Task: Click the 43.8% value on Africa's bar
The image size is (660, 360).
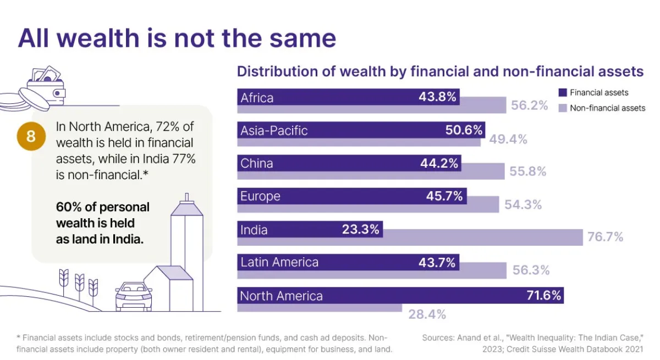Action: click(437, 97)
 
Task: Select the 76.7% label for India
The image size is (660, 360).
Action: click(605, 237)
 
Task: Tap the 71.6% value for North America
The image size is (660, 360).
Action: click(543, 296)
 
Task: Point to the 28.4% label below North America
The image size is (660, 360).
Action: click(427, 314)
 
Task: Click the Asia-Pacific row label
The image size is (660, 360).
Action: click(273, 130)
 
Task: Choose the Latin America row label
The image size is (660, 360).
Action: click(279, 262)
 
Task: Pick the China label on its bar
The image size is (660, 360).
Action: click(256, 163)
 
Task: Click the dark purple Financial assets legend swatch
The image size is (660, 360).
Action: click(562, 92)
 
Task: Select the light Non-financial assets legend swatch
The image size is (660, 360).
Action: click(562, 108)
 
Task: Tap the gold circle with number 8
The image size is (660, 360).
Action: click(31, 136)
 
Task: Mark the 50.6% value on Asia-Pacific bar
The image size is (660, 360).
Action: click(464, 130)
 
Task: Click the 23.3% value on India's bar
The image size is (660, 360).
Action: click(360, 229)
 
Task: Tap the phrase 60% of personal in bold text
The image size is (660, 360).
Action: click(102, 207)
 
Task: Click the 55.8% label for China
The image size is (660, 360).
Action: click(527, 171)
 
